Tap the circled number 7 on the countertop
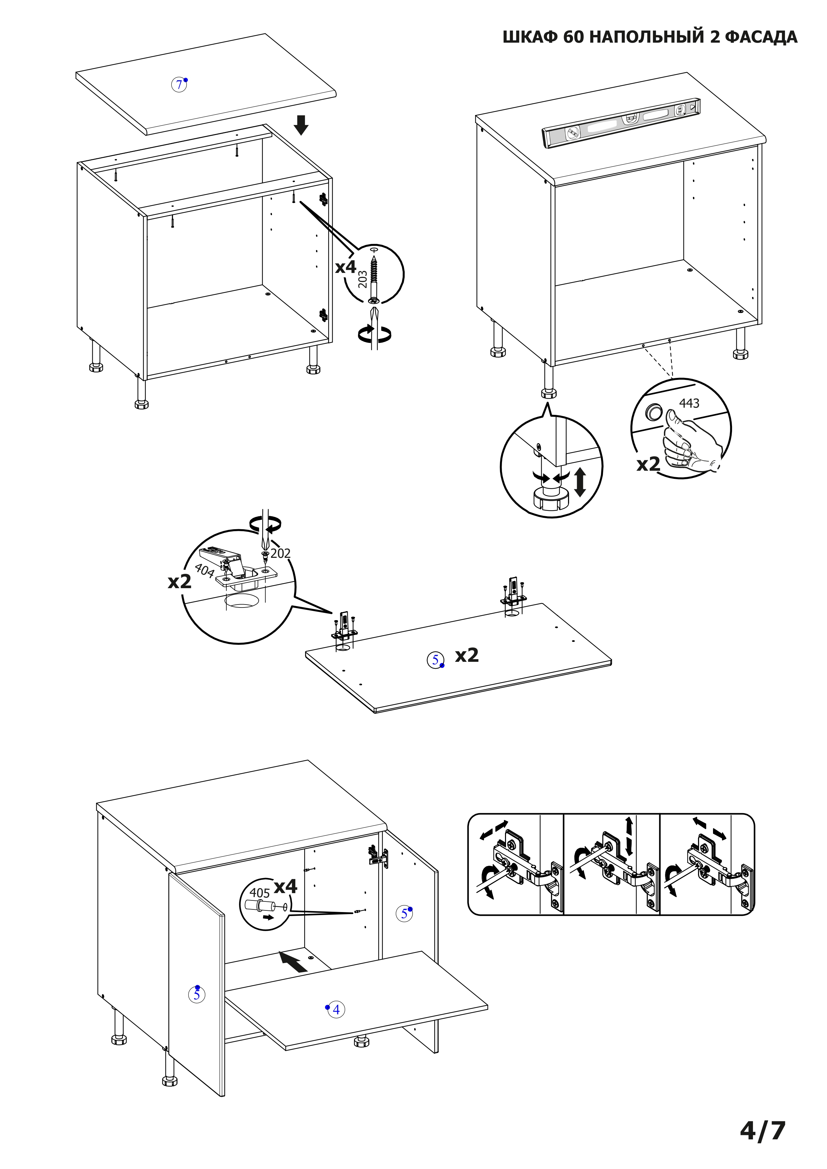(178, 85)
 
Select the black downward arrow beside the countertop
(301, 125)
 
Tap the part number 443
(689, 403)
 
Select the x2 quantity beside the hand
(648, 464)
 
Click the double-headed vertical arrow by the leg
(580, 482)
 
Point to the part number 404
(204, 571)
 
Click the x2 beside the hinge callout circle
(180, 582)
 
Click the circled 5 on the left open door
(197, 994)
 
